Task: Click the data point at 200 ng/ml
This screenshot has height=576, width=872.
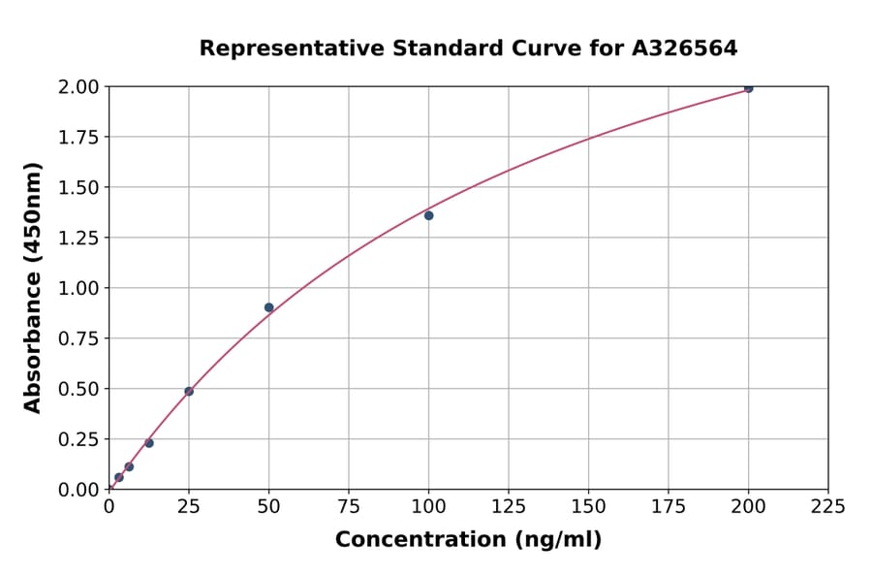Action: click(748, 88)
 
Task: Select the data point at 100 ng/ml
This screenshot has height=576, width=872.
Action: click(428, 215)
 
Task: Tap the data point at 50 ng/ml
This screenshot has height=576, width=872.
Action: click(268, 307)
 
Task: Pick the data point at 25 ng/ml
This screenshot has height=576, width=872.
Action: click(189, 392)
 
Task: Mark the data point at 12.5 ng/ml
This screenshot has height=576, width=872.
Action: click(149, 443)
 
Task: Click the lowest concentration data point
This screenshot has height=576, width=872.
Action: click(119, 477)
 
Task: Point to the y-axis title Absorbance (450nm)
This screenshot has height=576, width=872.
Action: click(33, 288)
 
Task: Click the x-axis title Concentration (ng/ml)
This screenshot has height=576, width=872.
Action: click(468, 540)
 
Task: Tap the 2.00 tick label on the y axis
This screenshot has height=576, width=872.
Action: click(78, 87)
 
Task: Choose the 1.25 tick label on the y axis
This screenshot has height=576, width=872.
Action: click(78, 238)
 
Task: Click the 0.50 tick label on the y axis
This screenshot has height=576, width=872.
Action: click(78, 389)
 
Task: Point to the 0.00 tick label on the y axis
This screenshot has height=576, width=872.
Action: click(78, 490)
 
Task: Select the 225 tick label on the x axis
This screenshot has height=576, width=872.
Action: click(827, 507)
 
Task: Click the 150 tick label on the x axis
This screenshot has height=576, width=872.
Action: click(588, 507)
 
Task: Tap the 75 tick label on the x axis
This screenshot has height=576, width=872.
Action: click(349, 507)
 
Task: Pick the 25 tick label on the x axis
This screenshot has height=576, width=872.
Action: click(189, 507)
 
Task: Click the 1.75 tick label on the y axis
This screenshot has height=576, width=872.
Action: click(78, 138)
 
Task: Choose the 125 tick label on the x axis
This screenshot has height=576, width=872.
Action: click(509, 507)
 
